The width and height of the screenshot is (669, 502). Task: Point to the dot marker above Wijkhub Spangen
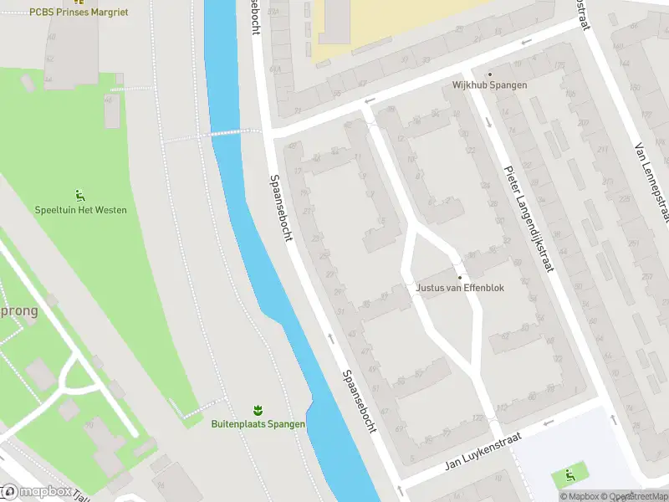(x=490, y=74)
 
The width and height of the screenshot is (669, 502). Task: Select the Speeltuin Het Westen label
(x=81, y=210)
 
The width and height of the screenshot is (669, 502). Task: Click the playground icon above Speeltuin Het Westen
(x=80, y=196)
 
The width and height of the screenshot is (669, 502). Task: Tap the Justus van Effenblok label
(x=458, y=289)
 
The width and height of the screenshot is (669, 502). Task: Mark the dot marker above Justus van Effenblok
(x=458, y=278)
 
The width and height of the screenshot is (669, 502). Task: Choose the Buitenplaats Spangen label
(x=258, y=424)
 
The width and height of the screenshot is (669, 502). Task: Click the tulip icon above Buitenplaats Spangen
(x=258, y=411)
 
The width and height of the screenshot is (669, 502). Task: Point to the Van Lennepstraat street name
(x=652, y=181)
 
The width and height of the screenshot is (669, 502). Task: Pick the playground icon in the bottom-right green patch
(x=569, y=476)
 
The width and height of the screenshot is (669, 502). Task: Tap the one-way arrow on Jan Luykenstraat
(x=548, y=423)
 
